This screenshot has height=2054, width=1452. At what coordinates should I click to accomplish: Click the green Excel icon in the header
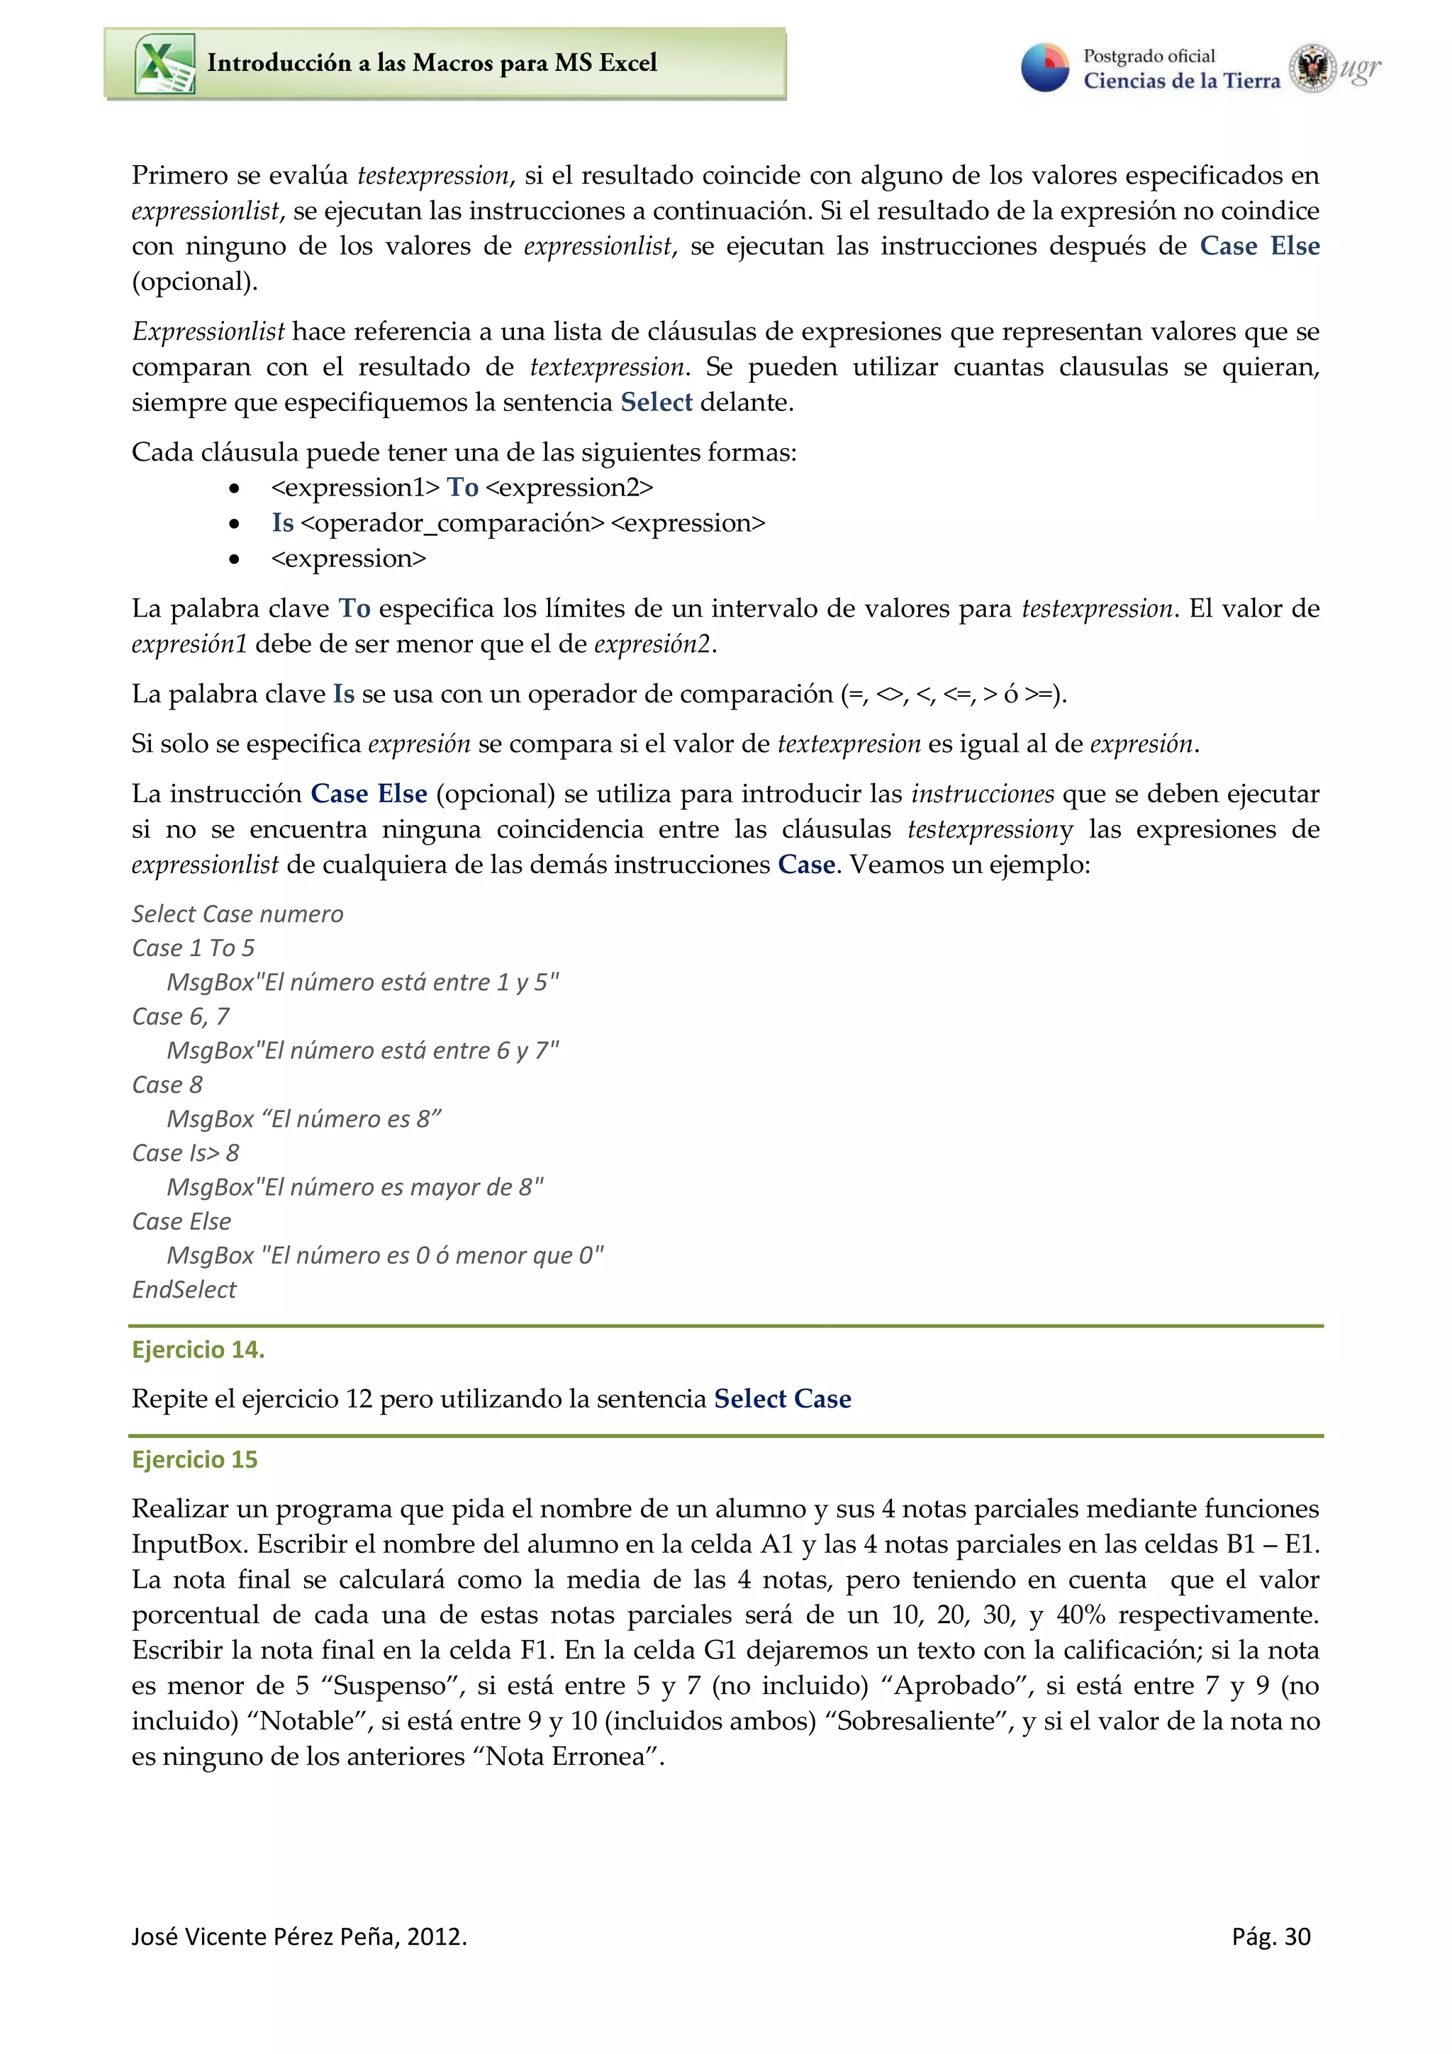click(x=164, y=64)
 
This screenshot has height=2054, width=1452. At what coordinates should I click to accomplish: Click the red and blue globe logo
click(x=1045, y=68)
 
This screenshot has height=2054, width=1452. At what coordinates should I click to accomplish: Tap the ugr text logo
click(x=1360, y=68)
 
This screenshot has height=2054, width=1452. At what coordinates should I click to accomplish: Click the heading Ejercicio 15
click(x=194, y=1459)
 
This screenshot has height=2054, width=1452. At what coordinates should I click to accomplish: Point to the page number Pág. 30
click(x=1270, y=1937)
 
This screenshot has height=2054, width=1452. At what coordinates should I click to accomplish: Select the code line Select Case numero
click(x=237, y=914)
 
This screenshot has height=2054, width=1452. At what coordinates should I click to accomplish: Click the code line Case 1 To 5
click(x=194, y=948)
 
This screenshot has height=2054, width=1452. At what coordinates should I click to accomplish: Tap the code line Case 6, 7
click(x=181, y=1016)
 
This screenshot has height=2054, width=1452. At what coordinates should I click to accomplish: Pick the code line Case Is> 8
click(x=185, y=1153)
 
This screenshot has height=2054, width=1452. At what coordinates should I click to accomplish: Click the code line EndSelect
click(x=184, y=1290)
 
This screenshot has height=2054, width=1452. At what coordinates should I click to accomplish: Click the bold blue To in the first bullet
click(x=462, y=488)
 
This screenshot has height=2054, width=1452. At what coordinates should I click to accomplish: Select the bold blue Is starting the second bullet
click(x=283, y=523)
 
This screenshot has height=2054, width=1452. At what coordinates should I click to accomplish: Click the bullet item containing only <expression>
click(x=348, y=559)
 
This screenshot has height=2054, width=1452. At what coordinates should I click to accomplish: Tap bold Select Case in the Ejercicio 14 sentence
click(x=782, y=1399)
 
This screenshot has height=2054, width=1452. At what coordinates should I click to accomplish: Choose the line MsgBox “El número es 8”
click(x=304, y=1119)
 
